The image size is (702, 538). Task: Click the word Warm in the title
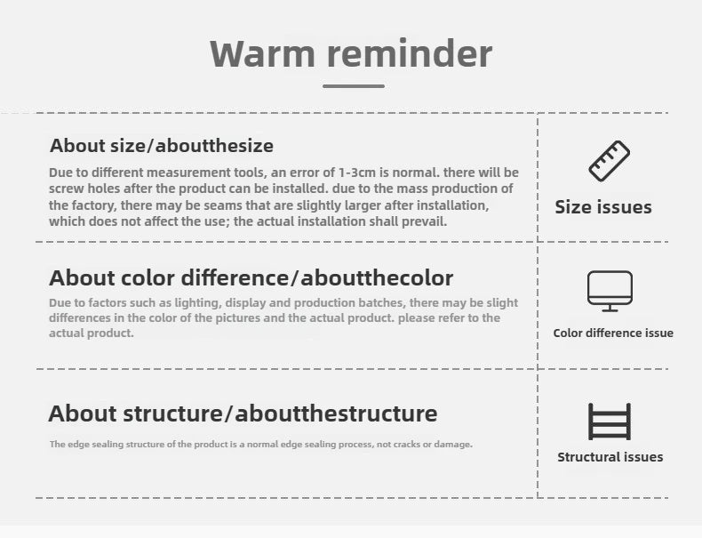[263, 53]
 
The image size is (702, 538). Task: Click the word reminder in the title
[410, 53]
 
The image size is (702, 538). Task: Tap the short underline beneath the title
[354, 86]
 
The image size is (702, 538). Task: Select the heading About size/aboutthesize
[162, 146]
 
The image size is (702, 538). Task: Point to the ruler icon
[610, 161]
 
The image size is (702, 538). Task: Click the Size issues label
[603, 207]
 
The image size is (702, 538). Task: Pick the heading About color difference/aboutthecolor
[251, 277]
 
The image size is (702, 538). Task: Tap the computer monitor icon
[610, 291]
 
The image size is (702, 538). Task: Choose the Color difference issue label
[613, 333]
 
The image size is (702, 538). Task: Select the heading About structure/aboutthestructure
[243, 413]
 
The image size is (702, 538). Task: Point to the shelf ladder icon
[610, 422]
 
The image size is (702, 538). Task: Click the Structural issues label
[610, 457]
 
